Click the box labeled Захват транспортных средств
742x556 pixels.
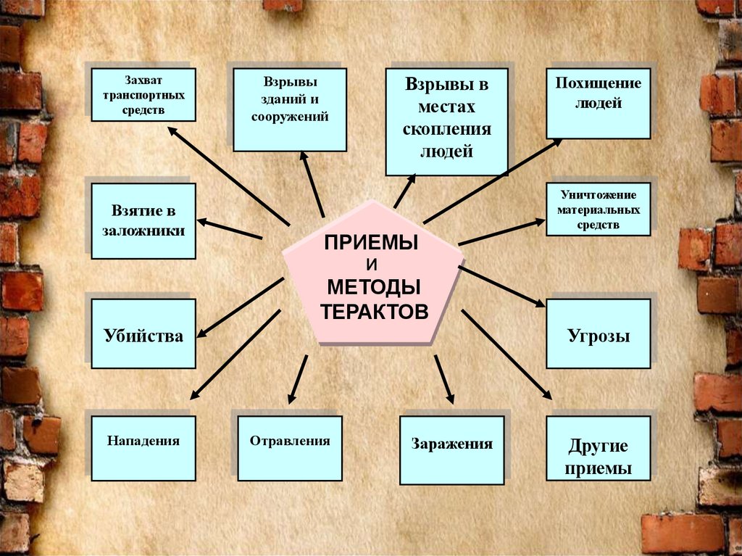point(143,94)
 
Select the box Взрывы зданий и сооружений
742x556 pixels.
point(290,109)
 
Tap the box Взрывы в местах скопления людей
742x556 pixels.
point(446,122)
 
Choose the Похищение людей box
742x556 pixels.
point(598,101)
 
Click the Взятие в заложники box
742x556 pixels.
point(143,220)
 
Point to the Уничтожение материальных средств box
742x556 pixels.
point(598,209)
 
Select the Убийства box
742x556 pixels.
point(143,334)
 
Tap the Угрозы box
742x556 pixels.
point(598,334)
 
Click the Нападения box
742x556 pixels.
point(143,448)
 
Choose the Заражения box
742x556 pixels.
point(451,449)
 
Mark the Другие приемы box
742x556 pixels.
point(598,457)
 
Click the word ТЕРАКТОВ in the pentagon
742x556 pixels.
point(375,312)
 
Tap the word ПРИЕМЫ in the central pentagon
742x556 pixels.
point(371,242)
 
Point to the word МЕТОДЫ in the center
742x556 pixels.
point(373,286)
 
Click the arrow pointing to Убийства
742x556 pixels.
point(241,307)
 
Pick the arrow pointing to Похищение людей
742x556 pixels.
point(493,181)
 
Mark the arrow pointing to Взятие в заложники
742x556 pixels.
point(230,228)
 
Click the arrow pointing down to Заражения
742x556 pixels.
point(444,378)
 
